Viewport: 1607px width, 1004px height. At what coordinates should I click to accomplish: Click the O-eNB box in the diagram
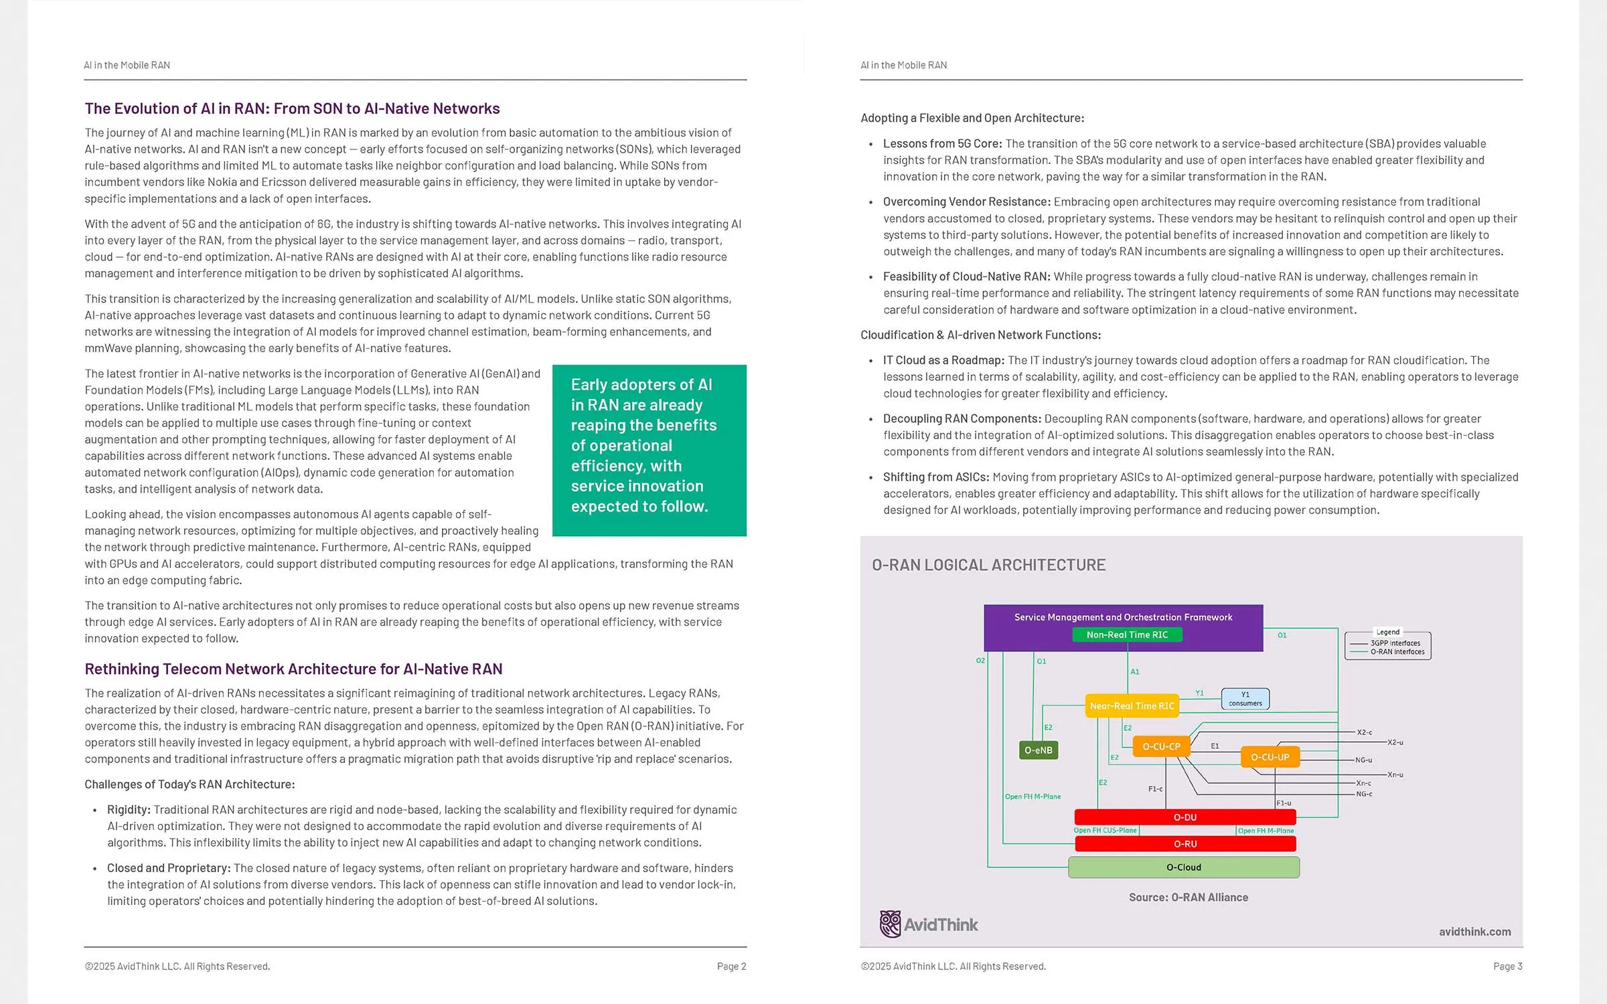point(1038,750)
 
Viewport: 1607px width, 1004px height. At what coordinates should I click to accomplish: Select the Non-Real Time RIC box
point(1127,635)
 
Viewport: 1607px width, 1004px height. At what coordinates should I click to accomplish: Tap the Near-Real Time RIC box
point(1132,705)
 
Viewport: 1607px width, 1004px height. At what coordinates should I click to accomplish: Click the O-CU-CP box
point(1161,746)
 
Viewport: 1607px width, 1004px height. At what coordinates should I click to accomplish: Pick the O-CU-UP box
point(1270,757)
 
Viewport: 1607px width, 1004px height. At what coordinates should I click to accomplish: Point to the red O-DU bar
point(1185,817)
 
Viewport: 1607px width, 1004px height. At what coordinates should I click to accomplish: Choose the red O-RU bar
point(1185,844)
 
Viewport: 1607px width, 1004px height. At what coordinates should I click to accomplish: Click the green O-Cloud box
point(1184,867)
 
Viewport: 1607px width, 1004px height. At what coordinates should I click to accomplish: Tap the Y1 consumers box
point(1245,699)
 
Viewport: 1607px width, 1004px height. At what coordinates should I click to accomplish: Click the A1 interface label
point(1135,671)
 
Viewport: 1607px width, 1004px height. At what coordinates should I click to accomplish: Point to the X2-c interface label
point(1365,732)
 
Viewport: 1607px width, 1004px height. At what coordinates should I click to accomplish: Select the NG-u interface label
point(1364,760)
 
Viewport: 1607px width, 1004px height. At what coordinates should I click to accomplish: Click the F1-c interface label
point(1156,788)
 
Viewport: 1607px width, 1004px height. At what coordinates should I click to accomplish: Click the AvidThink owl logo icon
point(890,924)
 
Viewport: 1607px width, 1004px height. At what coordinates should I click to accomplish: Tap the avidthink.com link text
point(1474,932)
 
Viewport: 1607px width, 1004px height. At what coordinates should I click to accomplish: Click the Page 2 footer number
point(731,966)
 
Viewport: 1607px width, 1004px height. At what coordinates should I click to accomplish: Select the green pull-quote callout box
point(649,450)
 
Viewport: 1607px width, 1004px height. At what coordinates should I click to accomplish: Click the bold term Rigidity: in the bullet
point(129,809)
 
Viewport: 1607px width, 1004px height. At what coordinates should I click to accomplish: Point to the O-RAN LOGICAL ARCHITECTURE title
point(988,565)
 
